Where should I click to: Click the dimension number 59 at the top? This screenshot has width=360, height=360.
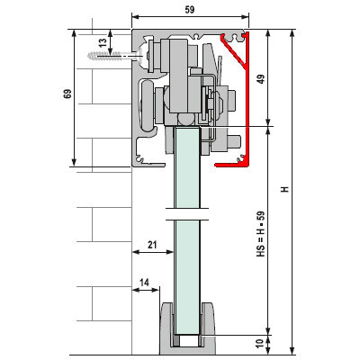point(190,10)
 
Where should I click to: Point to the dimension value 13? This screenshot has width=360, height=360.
point(103,42)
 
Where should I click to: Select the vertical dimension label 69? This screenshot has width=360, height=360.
point(67,94)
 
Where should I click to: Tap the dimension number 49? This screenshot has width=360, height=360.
point(262,79)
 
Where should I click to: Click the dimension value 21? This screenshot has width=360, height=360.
point(152,245)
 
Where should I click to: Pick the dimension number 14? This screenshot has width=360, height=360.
point(144,283)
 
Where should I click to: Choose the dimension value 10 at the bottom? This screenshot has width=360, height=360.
point(260,343)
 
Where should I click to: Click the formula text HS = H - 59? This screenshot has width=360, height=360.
point(261,234)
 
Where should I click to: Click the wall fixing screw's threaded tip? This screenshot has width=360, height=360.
point(89,56)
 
